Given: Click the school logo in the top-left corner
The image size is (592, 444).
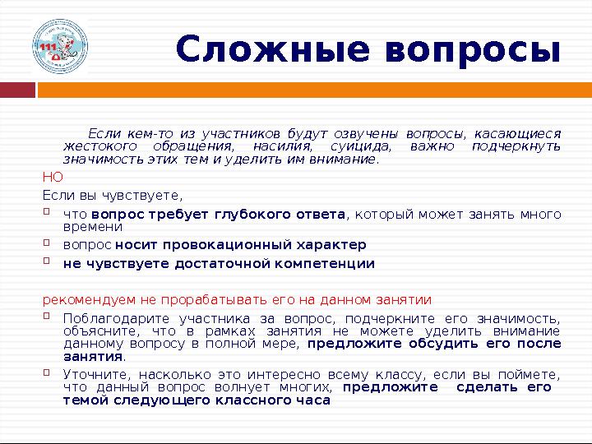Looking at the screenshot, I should pos(59,47).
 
